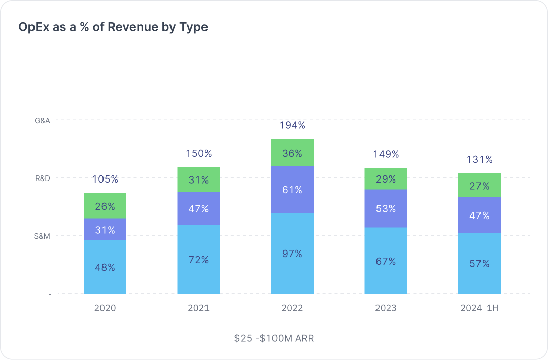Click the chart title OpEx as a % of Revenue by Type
click(113, 27)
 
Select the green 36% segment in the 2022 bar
click(292, 153)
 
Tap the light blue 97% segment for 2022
click(292, 254)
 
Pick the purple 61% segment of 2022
click(292, 190)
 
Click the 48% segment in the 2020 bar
click(105, 267)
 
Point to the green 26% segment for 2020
click(105, 206)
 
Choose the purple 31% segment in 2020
click(105, 230)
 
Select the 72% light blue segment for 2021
click(198, 260)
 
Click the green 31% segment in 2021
click(198, 179)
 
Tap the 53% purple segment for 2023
click(386, 208)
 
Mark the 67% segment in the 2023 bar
click(386, 261)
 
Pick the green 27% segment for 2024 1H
click(479, 186)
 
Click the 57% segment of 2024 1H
click(479, 264)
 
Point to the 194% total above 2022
click(292, 125)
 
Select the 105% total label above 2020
click(105, 179)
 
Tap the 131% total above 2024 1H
click(479, 159)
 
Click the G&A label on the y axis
click(42, 120)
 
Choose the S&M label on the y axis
click(42, 236)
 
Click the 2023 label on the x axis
click(386, 308)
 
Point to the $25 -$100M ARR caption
click(274, 338)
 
